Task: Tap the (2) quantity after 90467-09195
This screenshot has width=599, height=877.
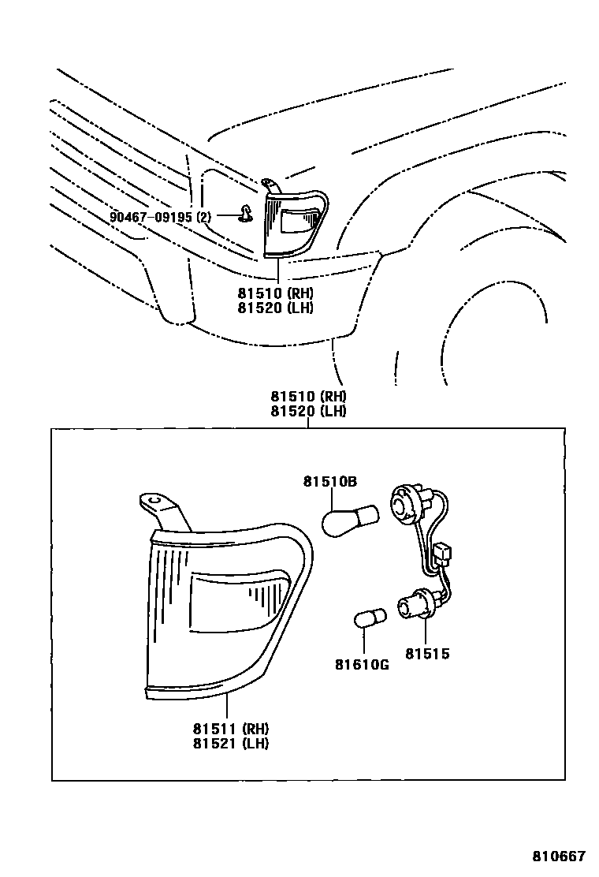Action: coord(204,216)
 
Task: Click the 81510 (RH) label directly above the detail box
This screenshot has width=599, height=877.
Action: coord(308,397)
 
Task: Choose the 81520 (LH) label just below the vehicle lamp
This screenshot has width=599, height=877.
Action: coord(275,308)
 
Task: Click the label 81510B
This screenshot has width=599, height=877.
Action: coord(330,481)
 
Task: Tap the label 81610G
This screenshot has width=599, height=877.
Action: coord(363,664)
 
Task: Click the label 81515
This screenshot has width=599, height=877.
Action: coord(428,654)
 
